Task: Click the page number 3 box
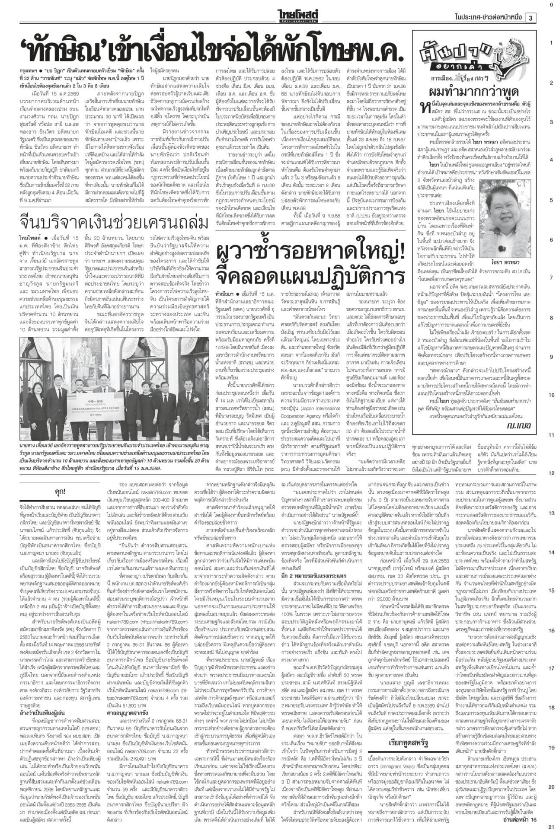coord(530,18)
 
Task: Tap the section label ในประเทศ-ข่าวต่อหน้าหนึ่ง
coord(489,18)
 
